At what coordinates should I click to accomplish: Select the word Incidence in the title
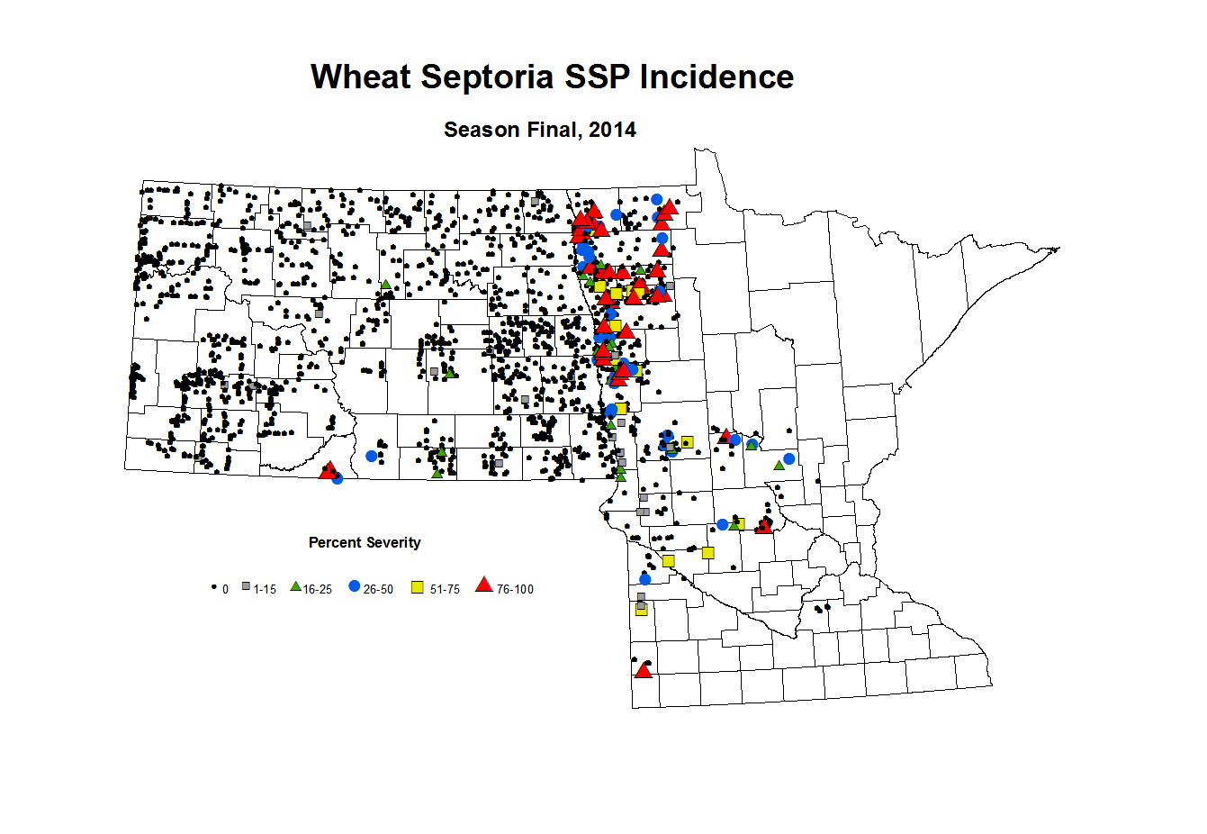(x=716, y=77)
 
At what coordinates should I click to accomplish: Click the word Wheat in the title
(x=361, y=77)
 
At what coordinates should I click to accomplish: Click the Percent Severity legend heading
(x=365, y=542)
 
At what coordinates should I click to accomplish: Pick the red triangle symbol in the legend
(x=484, y=585)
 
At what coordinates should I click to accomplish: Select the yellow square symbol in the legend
(x=418, y=587)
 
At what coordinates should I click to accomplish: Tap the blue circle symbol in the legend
(x=354, y=587)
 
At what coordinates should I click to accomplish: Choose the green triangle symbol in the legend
(x=295, y=587)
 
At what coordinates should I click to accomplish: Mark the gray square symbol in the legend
(x=246, y=587)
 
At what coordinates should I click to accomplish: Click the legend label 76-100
(x=515, y=589)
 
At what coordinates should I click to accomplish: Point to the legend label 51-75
(x=445, y=589)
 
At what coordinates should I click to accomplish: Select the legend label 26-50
(x=378, y=589)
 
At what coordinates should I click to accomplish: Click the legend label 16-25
(x=318, y=589)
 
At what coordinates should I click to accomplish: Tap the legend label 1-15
(x=265, y=589)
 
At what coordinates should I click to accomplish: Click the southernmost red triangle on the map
(x=643, y=670)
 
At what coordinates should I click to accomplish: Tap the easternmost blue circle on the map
(x=789, y=458)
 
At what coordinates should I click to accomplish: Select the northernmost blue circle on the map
(x=657, y=199)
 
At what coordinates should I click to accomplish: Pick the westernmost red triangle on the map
(x=328, y=469)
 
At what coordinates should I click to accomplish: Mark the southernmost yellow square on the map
(x=642, y=610)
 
